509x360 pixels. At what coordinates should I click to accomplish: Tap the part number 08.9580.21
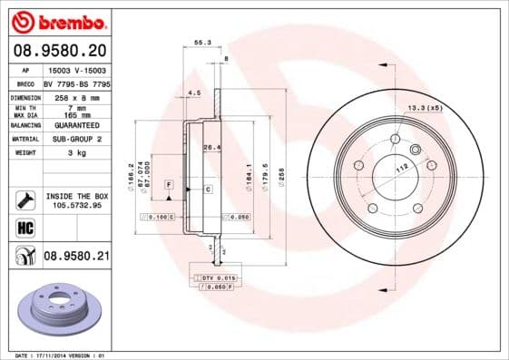coord(76,257)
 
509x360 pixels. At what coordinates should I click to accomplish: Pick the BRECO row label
coord(26,83)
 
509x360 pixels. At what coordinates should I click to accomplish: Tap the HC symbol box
coord(25,227)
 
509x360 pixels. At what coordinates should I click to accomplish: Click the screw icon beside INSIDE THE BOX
coord(25,199)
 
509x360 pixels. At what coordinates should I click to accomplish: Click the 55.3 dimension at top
coord(202,42)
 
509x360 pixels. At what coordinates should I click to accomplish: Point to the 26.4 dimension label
coord(211,147)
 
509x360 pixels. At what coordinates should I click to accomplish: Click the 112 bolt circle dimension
coord(402,169)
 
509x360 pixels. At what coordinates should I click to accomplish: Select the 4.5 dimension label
coord(192,92)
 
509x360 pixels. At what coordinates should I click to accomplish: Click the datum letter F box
coord(169,184)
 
